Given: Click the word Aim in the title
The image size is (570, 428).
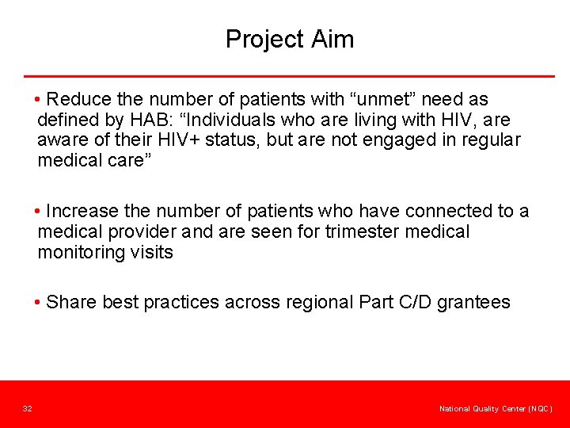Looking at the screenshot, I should click(x=336, y=39).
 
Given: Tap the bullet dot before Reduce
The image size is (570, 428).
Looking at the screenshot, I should click(x=38, y=100).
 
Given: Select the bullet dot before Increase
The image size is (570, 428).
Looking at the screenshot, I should click(x=38, y=212).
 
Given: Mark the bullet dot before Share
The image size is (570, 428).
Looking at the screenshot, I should click(x=38, y=303).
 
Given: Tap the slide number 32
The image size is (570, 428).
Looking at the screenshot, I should click(x=27, y=408).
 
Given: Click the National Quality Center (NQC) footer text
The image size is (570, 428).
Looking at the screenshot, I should click(x=496, y=408).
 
